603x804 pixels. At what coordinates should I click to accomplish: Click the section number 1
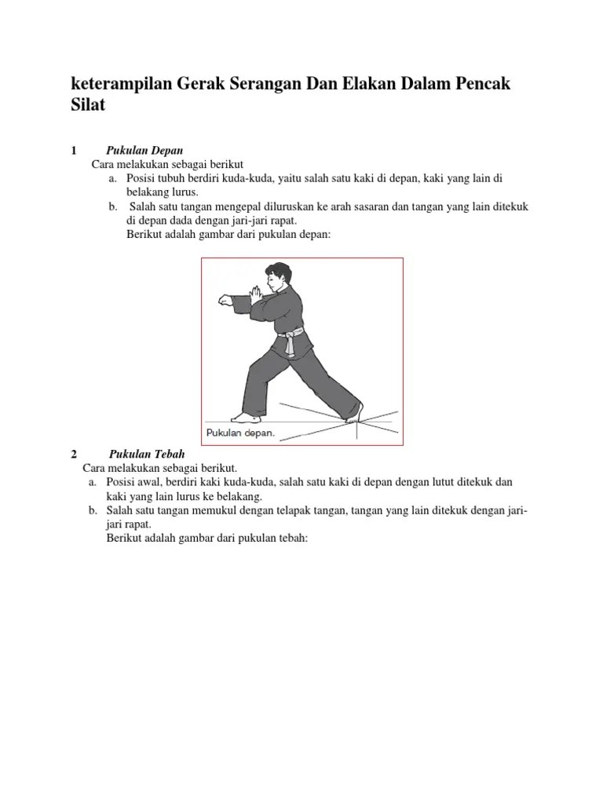[x=74, y=151]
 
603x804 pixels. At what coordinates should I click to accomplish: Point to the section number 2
[x=74, y=454]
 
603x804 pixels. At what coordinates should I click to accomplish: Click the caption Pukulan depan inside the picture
[x=240, y=433]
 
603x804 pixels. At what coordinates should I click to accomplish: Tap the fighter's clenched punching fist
[x=224, y=301]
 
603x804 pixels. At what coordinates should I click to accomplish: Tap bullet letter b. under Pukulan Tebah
[x=92, y=510]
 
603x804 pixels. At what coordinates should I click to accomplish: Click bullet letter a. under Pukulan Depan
[x=114, y=178]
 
